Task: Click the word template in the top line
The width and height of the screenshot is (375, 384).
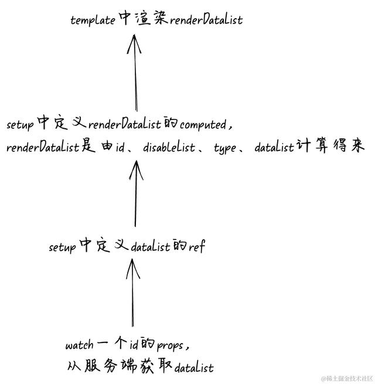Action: click(x=93, y=20)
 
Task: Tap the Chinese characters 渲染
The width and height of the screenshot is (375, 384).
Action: click(x=151, y=18)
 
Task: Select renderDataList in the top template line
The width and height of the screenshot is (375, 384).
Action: click(x=206, y=19)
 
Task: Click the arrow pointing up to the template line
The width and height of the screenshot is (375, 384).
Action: click(x=135, y=73)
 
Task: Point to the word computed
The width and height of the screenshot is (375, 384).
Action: click(x=203, y=125)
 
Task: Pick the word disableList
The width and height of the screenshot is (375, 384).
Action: click(x=169, y=147)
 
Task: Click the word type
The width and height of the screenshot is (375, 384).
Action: click(x=225, y=148)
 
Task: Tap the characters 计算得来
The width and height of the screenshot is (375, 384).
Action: click(x=330, y=145)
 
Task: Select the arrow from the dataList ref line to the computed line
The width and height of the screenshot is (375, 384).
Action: click(x=135, y=194)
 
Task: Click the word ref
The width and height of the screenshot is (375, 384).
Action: click(x=196, y=246)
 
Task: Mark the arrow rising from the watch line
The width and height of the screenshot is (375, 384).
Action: click(x=133, y=293)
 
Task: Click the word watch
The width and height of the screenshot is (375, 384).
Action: click(x=79, y=345)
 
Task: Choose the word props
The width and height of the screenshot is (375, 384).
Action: click(x=170, y=345)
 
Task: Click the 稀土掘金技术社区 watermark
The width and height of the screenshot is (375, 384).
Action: click(x=346, y=379)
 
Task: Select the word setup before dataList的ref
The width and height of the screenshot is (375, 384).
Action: click(x=62, y=248)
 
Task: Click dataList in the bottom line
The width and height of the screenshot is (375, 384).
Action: click(x=194, y=368)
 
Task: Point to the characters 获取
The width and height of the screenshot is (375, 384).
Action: click(x=155, y=366)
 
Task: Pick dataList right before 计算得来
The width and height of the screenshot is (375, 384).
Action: click(x=274, y=147)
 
